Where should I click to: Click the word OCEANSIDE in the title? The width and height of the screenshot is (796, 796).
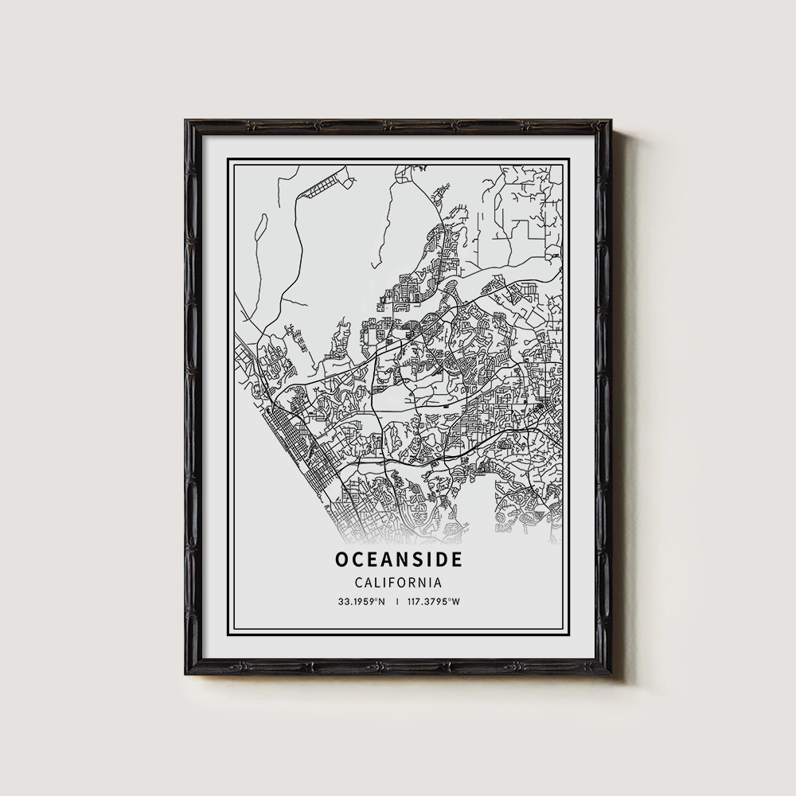(398, 560)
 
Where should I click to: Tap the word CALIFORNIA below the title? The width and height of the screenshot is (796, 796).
(398, 583)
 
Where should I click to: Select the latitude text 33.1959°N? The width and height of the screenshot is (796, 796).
(360, 602)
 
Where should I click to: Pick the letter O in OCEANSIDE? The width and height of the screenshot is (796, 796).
(341, 560)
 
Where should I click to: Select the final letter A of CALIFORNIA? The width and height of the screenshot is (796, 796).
(437, 583)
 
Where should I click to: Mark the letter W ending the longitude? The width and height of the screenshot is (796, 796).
(457, 602)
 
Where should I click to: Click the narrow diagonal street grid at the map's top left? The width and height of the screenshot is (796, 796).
(323, 188)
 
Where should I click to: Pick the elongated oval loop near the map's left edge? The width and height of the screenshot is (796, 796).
(261, 230)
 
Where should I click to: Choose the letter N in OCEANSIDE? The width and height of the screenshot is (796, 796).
(403, 560)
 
